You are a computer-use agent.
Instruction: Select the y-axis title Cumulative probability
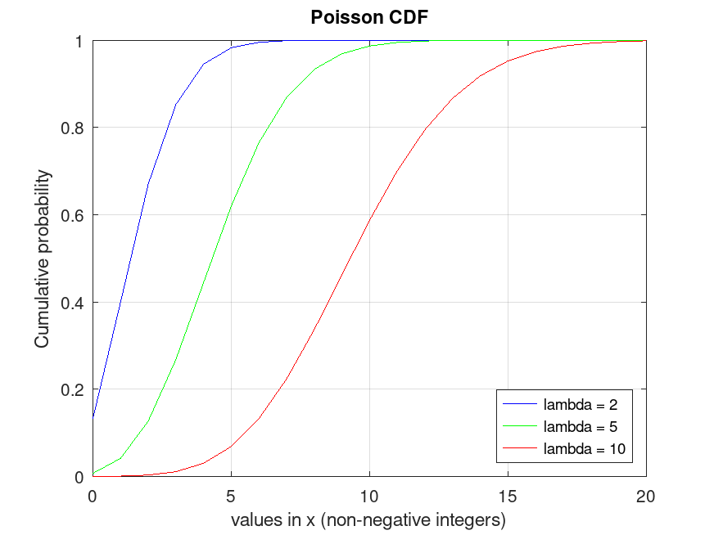(x=42, y=259)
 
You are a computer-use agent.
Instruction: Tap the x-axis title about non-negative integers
(x=368, y=519)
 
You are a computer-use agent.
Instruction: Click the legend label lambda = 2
(x=584, y=403)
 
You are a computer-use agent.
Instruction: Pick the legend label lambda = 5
(x=584, y=426)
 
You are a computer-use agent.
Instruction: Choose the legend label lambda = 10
(x=587, y=448)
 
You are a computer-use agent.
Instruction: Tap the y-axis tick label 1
(x=81, y=41)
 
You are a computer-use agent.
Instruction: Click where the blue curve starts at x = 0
(x=93, y=417)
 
